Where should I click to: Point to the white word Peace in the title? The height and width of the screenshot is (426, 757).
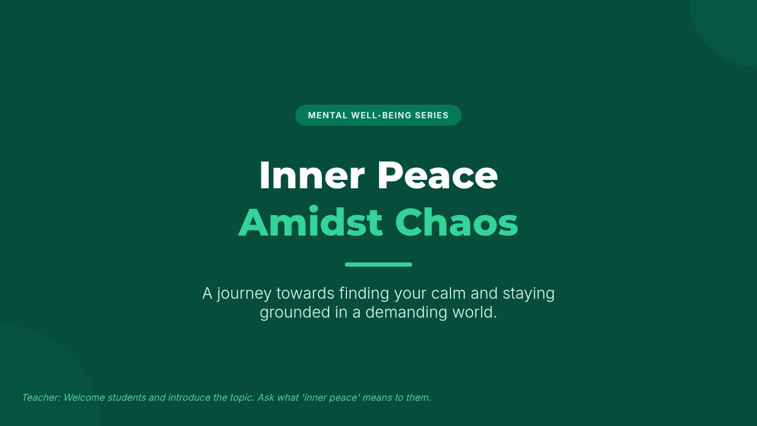(x=438, y=175)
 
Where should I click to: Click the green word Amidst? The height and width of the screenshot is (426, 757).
(x=310, y=222)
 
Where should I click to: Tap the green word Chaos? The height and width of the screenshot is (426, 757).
(x=457, y=222)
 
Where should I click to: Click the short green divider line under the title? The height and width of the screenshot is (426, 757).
(x=378, y=264)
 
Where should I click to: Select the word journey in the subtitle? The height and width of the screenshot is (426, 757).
(x=244, y=293)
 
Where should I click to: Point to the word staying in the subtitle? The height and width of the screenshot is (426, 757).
(x=529, y=293)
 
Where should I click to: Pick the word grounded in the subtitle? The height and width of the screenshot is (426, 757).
(x=295, y=312)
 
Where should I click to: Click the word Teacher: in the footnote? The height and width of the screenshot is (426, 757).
(x=41, y=398)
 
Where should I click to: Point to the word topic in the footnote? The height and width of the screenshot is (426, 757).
(x=241, y=398)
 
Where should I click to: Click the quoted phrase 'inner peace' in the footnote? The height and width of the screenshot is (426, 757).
(x=331, y=398)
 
